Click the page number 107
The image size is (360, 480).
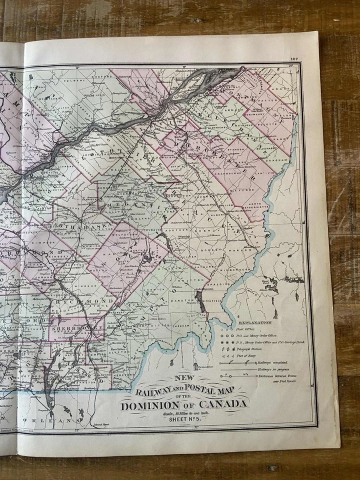click(293, 59)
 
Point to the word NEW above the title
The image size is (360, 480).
click(183, 378)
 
